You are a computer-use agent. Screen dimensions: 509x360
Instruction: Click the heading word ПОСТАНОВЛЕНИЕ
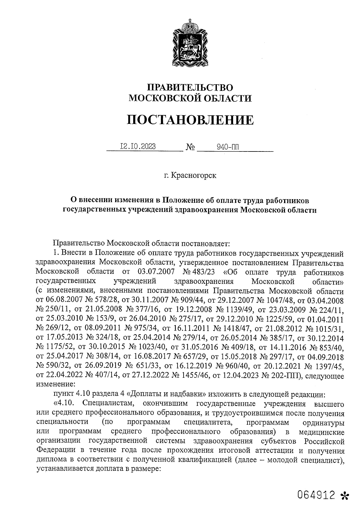pyautogui.click(x=190, y=120)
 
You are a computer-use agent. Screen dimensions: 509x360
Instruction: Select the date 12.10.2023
pyautogui.click(x=138, y=146)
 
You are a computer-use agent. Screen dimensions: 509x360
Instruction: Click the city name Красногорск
pyautogui.click(x=193, y=175)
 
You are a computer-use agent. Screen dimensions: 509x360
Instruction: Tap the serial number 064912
pyautogui.click(x=316, y=494)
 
